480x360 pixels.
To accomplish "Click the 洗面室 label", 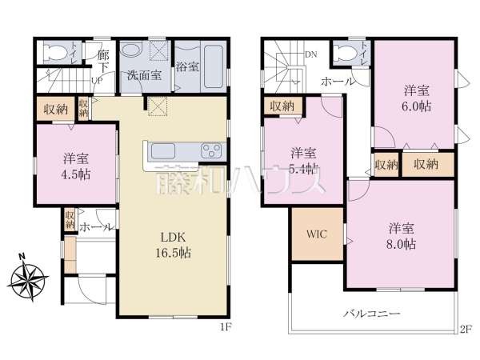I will [145, 77].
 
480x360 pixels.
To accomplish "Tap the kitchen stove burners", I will [213, 150].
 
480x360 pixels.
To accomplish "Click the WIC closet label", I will [318, 235].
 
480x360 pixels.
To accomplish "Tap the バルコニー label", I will [372, 314].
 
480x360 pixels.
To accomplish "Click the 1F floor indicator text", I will [226, 326].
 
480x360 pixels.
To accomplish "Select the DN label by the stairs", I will [310, 54].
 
